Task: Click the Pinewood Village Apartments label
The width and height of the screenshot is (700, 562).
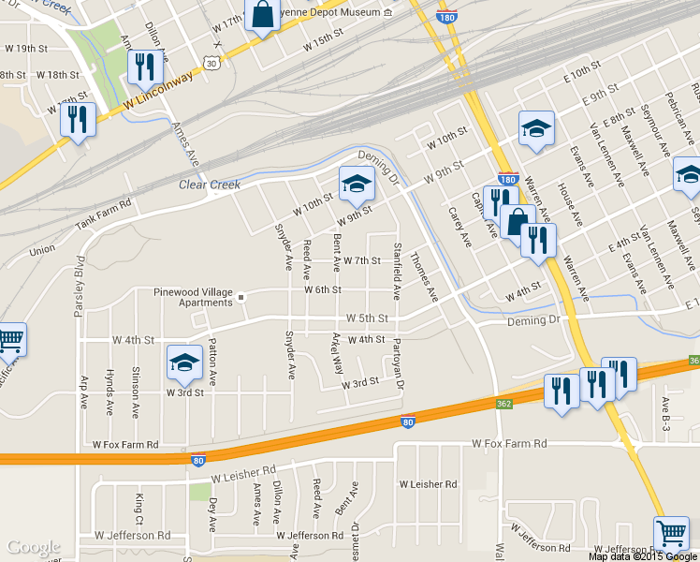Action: click(193, 298)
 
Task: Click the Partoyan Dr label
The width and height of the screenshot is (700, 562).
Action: click(398, 364)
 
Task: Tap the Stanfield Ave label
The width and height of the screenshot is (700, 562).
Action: click(398, 273)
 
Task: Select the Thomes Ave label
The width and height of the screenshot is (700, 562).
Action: click(423, 275)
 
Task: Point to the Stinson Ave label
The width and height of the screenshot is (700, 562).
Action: click(136, 391)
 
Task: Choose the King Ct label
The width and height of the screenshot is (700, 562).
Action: click(139, 508)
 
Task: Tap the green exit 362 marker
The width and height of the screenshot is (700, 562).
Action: click(504, 403)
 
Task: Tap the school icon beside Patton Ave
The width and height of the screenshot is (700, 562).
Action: click(184, 363)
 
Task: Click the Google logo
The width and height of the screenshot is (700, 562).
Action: click(34, 547)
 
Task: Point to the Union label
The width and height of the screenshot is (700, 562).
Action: click(42, 251)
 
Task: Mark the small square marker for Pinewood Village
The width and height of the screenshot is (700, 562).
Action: click(241, 298)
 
